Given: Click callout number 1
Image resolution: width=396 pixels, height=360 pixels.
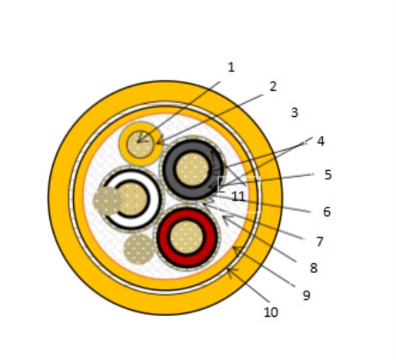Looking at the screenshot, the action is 231,68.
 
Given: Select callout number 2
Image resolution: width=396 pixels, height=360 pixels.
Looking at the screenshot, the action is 273,86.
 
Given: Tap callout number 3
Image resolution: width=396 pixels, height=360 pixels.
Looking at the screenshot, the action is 295,113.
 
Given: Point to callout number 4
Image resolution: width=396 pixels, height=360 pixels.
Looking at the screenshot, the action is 320,142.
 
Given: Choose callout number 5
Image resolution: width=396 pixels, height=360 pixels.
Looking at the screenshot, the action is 328,175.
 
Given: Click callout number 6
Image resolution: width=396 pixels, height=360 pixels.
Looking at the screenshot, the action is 326,212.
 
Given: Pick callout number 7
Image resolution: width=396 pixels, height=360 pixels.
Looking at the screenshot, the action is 319,242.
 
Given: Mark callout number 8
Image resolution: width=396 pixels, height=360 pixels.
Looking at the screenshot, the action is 313,268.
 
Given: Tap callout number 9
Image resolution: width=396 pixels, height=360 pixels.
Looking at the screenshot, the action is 306,296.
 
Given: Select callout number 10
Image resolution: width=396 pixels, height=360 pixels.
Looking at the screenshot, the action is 271,312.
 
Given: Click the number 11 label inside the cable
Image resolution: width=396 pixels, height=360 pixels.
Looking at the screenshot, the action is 238,196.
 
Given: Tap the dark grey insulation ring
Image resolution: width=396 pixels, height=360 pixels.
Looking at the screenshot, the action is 169,170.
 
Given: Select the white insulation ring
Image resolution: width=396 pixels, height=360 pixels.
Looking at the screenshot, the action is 155,200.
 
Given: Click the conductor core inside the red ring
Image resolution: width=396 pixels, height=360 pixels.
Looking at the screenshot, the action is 187,237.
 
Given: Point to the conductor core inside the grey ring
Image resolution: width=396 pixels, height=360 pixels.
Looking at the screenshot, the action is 193,169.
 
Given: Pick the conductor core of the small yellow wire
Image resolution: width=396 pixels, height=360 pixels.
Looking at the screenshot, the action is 141,144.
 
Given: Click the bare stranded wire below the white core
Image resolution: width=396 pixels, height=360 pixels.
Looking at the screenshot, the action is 139,249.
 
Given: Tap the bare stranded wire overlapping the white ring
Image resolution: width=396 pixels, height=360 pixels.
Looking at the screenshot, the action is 107,201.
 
